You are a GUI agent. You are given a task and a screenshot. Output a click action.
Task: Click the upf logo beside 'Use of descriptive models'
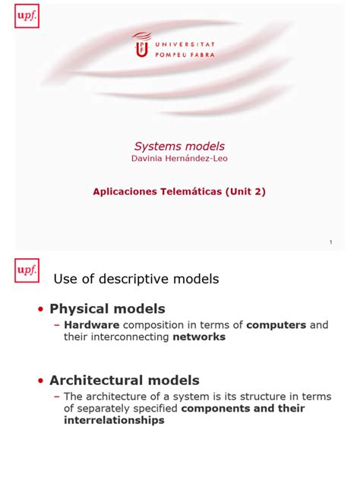tap(26, 269)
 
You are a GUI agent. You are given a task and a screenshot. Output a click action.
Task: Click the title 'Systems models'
tap(180, 146)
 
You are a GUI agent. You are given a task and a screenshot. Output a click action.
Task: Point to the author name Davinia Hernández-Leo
tap(179, 158)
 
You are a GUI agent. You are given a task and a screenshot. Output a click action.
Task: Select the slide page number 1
tap(331, 242)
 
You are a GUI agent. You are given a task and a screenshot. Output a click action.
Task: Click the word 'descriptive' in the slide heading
tap(141, 279)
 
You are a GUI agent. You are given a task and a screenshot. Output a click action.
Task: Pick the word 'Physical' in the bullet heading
tap(79, 309)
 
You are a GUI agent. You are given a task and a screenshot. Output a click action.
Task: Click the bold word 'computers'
tap(276, 325)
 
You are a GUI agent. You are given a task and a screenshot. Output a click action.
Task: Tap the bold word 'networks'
tap(199, 337)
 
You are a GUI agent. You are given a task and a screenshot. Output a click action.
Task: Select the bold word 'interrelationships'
tap(114, 420)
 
